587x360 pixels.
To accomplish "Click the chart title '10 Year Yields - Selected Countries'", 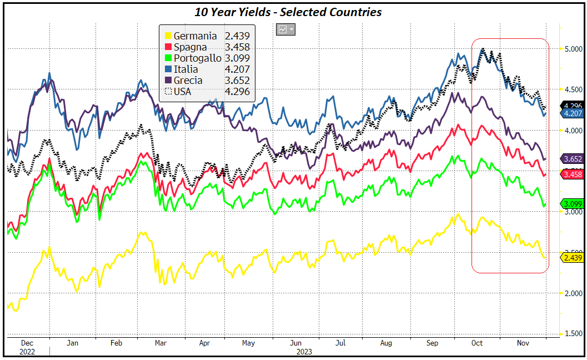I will click(x=288, y=12).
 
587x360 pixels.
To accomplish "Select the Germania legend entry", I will click(x=195, y=36).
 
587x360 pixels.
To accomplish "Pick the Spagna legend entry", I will click(x=191, y=47).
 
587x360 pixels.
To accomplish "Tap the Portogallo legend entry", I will click(x=197, y=58).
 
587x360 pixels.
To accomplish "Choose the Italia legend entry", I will click(x=185, y=69).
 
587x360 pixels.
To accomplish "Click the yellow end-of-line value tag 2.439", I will click(x=572, y=257).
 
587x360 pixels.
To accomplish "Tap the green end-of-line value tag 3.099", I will click(x=572, y=204).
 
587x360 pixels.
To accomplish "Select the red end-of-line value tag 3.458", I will click(x=572, y=174).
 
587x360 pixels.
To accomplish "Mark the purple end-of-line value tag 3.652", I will click(x=572, y=158).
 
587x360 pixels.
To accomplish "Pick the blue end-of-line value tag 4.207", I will click(x=572, y=113).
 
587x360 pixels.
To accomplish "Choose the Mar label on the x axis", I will click(x=161, y=343).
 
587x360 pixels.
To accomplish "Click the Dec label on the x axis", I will click(x=27, y=343).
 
